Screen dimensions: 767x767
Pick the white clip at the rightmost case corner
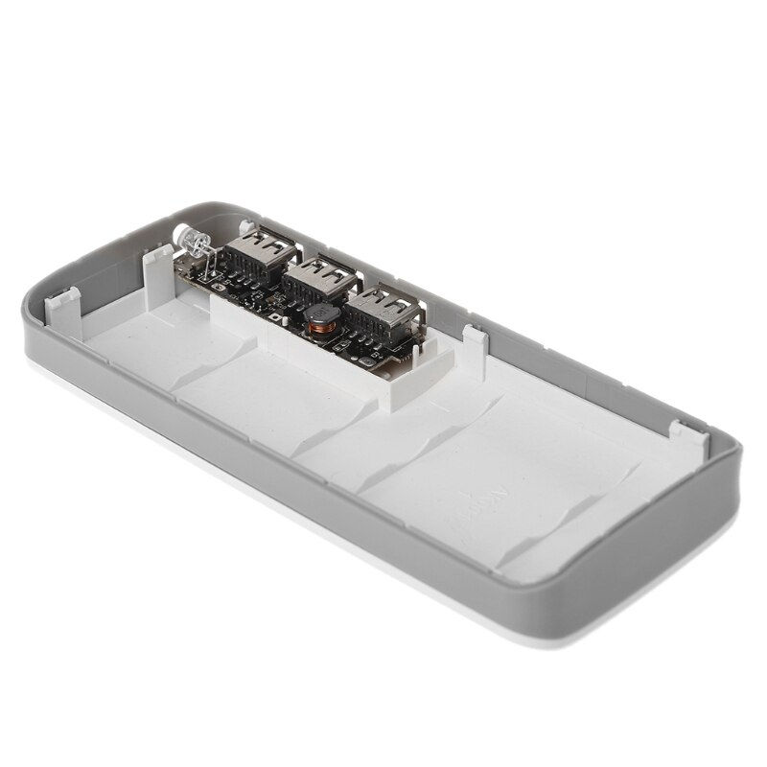tap(684, 430)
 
